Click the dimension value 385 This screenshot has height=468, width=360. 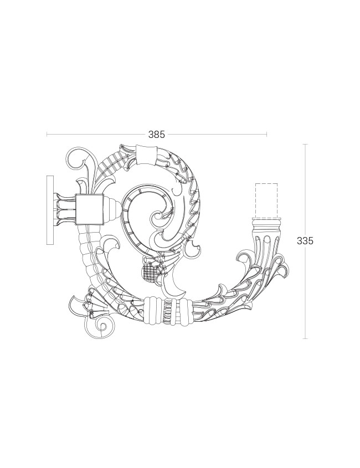(x=156, y=135)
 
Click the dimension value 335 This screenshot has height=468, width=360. (x=305, y=240)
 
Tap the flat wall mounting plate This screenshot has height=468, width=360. (x=50, y=210)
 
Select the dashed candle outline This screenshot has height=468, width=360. (x=266, y=200)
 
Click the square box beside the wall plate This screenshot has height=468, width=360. (x=89, y=209)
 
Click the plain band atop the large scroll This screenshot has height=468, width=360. (x=146, y=155)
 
